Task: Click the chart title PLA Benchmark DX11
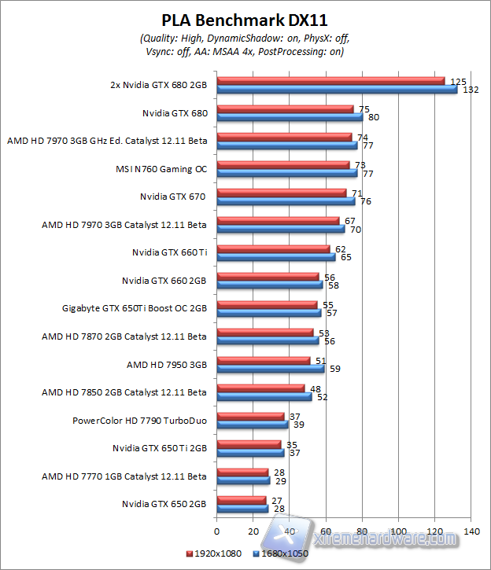coord(245,18)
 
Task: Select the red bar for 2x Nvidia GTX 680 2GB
coord(330,80)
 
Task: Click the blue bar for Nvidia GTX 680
coord(290,117)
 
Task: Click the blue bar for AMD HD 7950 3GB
coord(270,369)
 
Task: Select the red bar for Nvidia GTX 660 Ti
coord(273,249)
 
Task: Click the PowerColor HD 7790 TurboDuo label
coord(139,421)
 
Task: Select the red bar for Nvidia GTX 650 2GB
coord(241,499)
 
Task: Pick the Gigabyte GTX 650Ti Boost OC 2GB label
coord(135,308)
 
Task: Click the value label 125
coord(456,80)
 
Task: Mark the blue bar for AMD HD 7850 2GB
coord(264,397)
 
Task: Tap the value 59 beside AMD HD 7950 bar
coord(334,369)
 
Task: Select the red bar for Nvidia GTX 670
coord(281,193)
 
